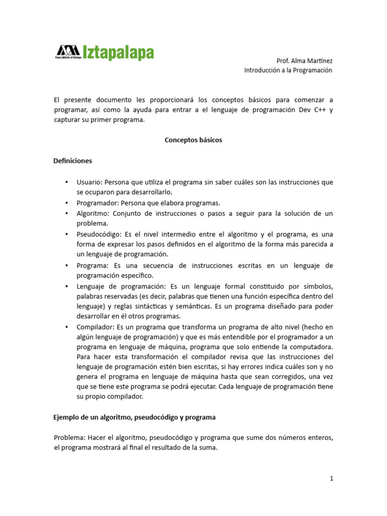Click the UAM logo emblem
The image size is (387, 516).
[68, 50]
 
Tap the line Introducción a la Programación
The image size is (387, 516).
[288, 71]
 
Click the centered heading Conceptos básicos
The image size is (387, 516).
[193, 141]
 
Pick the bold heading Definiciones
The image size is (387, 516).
[73, 161]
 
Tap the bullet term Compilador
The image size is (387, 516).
[95, 327]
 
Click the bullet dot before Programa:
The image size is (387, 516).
[67, 265]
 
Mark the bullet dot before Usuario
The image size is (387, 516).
[67, 182]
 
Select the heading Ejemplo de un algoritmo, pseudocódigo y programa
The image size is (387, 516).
[135, 418]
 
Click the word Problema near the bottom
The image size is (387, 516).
[69, 438]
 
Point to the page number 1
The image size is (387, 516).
[332, 479]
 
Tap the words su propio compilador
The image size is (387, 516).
[110, 397]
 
